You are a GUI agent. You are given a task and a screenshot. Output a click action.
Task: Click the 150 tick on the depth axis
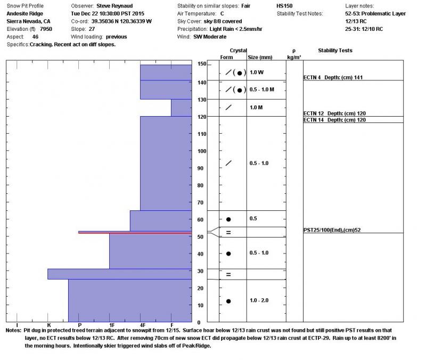(202, 64)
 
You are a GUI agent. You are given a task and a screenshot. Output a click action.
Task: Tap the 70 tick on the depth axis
(201, 202)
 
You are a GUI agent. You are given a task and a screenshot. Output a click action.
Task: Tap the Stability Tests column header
(335, 51)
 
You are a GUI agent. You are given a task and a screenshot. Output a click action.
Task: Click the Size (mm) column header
(260, 57)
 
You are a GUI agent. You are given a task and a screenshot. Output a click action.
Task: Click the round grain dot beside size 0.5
(228, 219)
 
